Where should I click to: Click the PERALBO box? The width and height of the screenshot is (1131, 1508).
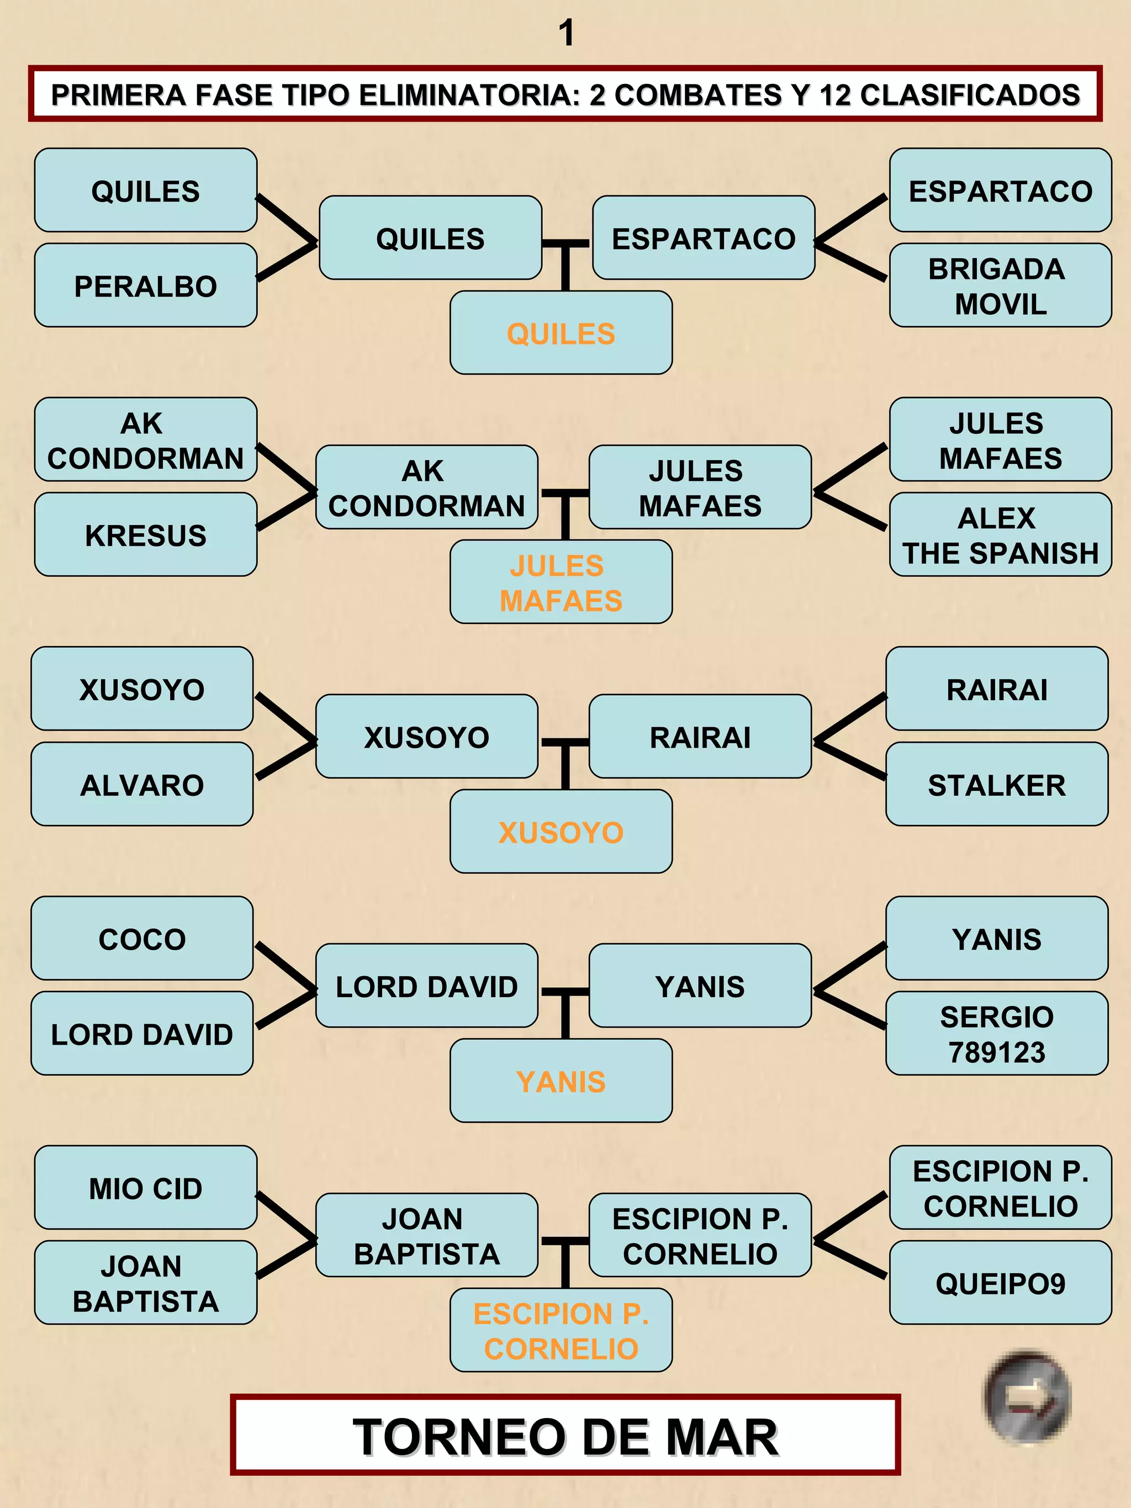[x=145, y=285]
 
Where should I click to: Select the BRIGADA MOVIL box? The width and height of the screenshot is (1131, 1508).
[x=1000, y=285]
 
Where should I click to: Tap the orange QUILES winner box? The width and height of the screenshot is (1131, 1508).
[x=561, y=334]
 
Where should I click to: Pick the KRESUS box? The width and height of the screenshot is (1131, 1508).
[x=145, y=535]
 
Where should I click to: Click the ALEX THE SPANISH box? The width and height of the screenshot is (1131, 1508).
[x=1000, y=535]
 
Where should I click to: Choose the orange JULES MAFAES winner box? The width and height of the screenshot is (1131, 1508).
[x=561, y=583]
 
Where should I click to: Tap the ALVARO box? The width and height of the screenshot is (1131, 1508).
[x=142, y=785]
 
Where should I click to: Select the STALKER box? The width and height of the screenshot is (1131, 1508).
[x=997, y=785]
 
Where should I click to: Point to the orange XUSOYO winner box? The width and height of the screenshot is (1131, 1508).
[x=561, y=832]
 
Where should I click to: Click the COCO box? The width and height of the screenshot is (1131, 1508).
[x=142, y=939]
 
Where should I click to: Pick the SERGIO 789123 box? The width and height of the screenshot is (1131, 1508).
[x=997, y=1034]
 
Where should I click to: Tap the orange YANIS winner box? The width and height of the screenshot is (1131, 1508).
[x=561, y=1081]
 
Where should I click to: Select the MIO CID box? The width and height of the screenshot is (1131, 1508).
[x=145, y=1188]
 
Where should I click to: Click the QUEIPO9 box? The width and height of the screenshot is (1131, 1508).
[x=1000, y=1283]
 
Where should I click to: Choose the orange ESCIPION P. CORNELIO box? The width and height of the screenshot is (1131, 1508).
[x=561, y=1331]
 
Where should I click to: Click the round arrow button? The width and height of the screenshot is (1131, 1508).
[x=1027, y=1398]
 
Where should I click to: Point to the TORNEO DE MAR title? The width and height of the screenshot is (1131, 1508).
[x=565, y=1436]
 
